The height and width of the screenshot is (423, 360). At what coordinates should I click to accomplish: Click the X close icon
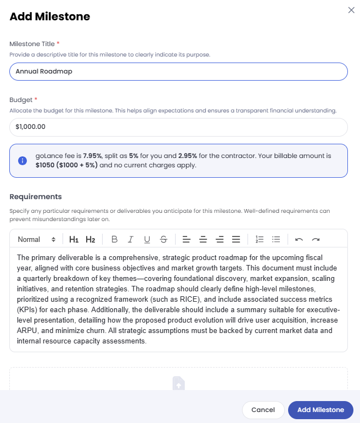(351, 10)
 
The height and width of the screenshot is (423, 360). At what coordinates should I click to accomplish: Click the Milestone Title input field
(178, 71)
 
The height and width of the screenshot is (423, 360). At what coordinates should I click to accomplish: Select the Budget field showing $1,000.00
(178, 127)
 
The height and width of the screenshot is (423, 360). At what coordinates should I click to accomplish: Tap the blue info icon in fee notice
(22, 161)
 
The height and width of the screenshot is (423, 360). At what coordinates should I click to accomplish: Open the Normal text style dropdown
(36, 239)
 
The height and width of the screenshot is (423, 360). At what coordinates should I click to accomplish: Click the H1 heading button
(74, 239)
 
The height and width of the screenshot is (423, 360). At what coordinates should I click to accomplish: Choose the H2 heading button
(91, 239)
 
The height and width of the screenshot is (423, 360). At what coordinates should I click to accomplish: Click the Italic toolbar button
(131, 239)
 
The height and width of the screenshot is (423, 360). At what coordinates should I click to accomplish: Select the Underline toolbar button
(147, 239)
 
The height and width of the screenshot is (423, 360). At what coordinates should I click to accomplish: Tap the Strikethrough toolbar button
(164, 239)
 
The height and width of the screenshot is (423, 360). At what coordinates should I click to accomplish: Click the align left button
(187, 239)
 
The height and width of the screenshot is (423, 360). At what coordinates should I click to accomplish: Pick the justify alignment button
(236, 239)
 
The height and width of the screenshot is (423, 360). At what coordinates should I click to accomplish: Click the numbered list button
(260, 239)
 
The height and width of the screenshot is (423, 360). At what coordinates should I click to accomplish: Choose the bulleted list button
(277, 239)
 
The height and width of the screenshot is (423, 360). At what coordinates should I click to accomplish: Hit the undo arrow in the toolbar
(299, 239)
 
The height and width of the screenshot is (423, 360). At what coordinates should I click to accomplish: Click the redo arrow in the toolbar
(316, 239)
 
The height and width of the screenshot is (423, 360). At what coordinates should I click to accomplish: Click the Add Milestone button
(320, 410)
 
